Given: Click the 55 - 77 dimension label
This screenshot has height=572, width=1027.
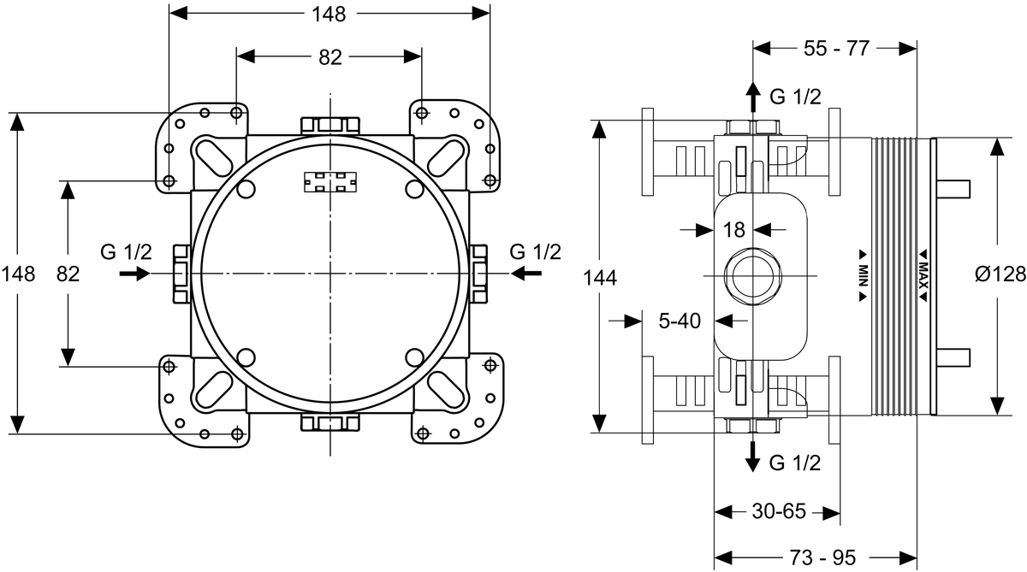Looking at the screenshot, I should [836, 49].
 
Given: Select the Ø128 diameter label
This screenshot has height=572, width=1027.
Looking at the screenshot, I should [1000, 274].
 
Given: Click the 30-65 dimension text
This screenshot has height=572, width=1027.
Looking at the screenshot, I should [778, 511].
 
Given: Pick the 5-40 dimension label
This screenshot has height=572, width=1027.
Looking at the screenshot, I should [680, 321].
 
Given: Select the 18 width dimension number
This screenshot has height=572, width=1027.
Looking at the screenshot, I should [734, 229].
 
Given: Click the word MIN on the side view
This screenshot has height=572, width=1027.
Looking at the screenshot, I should [864, 274].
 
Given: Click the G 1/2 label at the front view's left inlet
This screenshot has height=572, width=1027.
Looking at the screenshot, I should [126, 252].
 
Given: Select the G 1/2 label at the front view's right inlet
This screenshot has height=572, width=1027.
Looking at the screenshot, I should [536, 252].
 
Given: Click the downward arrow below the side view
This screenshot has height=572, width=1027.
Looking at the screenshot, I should [752, 457].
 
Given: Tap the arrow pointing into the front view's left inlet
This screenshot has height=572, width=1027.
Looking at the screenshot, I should [134, 274].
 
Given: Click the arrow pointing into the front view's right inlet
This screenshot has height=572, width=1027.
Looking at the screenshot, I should [526, 274].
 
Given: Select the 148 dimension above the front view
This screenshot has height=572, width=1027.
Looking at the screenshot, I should [329, 14].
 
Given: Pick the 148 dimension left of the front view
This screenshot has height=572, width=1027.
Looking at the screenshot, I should [18, 274].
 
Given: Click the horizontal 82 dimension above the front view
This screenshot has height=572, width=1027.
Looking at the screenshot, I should [329, 57].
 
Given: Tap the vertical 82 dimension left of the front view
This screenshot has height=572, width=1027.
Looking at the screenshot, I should [68, 274].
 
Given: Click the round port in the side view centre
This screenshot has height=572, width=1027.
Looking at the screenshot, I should [752, 276].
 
